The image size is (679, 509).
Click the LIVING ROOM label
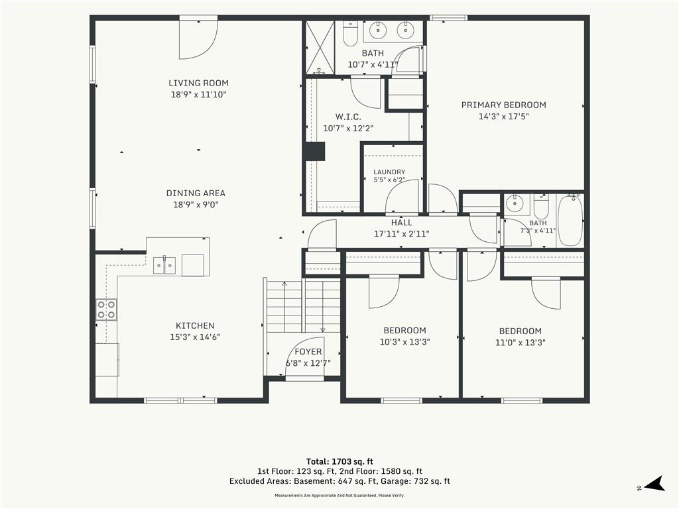point(198,83)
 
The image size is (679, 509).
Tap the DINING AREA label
point(196,193)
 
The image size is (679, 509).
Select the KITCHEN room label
point(195,325)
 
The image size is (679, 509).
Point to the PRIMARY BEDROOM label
point(504,105)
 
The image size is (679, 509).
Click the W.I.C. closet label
point(348,117)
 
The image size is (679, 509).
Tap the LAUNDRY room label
point(389,172)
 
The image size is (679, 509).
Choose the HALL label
point(401,223)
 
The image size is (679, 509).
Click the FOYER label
point(308,352)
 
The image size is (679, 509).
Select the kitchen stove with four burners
point(107,310)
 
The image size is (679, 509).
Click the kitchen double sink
point(164,265)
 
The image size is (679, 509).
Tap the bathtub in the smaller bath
point(570,221)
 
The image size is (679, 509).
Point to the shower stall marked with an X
point(320,47)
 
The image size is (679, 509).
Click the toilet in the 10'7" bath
point(350,34)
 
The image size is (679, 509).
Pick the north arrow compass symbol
point(654,484)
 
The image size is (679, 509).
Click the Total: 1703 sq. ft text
point(339,461)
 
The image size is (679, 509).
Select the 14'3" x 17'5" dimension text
point(504,116)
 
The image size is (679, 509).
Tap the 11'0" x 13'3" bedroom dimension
point(520,343)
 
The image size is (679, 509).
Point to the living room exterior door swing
point(199,40)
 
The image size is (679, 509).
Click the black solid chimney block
point(315,152)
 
